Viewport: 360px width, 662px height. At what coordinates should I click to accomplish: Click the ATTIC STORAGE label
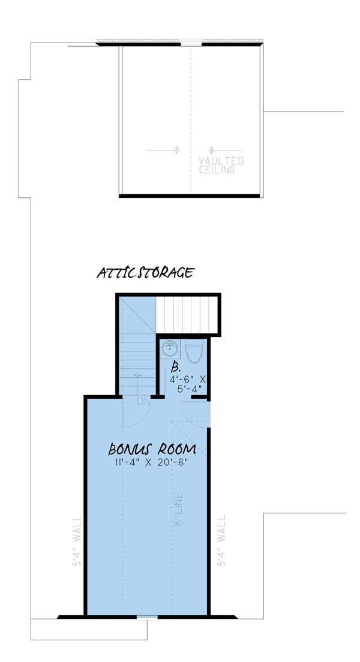pyautogui.click(x=145, y=273)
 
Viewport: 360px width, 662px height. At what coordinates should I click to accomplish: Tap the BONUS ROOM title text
pyautogui.click(x=152, y=449)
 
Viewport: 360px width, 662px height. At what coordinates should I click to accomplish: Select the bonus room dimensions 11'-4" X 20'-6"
pyautogui.click(x=152, y=461)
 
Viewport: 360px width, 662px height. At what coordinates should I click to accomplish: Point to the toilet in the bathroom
pyautogui.click(x=194, y=351)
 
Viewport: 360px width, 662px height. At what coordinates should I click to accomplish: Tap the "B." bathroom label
pyautogui.click(x=176, y=368)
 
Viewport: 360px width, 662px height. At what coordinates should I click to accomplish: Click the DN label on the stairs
pyautogui.click(x=143, y=402)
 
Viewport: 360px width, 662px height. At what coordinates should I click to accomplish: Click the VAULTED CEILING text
pyautogui.click(x=221, y=165)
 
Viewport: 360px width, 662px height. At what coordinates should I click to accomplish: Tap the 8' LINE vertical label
pyautogui.click(x=179, y=510)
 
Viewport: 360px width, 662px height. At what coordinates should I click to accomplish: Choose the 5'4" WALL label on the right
pyautogui.click(x=222, y=541)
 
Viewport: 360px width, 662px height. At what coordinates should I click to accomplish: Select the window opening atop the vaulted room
pyautogui.click(x=191, y=43)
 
